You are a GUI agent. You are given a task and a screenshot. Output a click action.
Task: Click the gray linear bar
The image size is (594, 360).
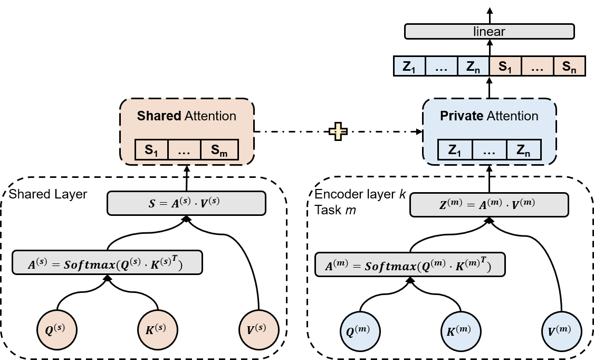click(x=489, y=32)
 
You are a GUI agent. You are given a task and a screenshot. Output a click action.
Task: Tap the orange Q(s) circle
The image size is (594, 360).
click(x=57, y=330)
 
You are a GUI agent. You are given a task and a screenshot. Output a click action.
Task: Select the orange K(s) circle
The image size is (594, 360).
click(x=157, y=330)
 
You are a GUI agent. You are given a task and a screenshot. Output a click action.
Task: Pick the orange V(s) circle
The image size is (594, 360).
click(x=258, y=330)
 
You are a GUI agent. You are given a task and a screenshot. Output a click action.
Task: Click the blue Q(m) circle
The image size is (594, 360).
click(x=360, y=331)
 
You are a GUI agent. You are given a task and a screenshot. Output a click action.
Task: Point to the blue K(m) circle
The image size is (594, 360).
click(x=461, y=331)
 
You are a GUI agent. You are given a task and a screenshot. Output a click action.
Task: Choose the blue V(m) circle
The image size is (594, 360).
click(x=561, y=331)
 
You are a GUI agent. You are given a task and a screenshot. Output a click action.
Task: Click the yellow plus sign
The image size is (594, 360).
click(x=338, y=131)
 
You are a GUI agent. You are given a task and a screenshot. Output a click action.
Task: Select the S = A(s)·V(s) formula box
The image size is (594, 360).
click(x=186, y=203)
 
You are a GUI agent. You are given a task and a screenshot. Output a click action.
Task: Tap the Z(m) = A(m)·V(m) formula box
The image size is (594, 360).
click(x=489, y=205)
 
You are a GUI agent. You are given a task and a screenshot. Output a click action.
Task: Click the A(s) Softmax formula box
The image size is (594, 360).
click(x=107, y=262)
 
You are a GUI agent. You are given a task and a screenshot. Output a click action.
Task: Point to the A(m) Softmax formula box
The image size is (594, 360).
click(x=410, y=264)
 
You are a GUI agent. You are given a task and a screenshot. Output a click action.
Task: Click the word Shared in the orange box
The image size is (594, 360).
click(x=159, y=116)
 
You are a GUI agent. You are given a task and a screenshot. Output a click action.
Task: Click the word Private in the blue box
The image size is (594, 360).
click(x=462, y=116)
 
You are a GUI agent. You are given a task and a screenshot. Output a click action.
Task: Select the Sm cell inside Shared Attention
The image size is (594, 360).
click(x=219, y=150)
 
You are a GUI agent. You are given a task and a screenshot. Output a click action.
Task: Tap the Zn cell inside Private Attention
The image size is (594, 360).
click(x=523, y=150)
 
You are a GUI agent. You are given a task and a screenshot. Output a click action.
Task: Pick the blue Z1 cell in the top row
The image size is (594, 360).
click(x=409, y=67)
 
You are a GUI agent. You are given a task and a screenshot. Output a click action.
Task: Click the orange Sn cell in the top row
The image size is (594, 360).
click(x=569, y=67)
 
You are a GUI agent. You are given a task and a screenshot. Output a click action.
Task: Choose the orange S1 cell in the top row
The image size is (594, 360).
click(x=505, y=67)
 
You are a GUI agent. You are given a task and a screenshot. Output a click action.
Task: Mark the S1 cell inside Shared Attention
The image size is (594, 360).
click(x=152, y=150)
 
